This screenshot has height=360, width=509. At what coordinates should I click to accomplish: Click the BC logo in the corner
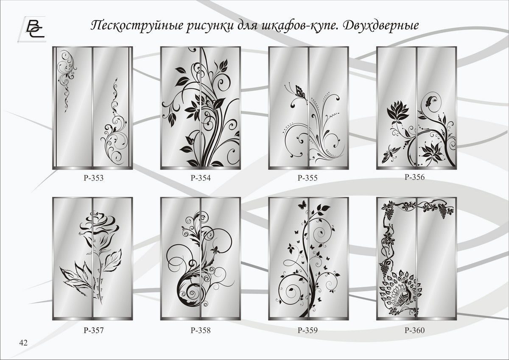(32, 29)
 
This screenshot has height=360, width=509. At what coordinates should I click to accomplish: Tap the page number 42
(23, 343)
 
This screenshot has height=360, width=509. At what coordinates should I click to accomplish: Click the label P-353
(94, 178)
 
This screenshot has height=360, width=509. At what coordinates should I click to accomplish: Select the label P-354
(201, 178)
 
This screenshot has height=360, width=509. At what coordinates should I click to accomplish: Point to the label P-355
(308, 178)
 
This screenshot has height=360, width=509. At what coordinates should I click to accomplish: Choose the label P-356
(414, 177)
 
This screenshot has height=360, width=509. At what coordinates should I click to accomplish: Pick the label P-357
(94, 330)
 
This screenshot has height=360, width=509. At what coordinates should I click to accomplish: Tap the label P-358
(201, 330)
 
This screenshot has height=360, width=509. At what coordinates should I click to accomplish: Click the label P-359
(308, 330)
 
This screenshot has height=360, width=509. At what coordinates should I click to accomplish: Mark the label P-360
(414, 330)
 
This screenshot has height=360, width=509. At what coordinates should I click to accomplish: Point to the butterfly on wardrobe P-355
(300, 92)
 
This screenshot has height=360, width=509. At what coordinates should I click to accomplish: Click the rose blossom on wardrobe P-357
(98, 227)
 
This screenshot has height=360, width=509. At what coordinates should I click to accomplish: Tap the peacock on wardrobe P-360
(400, 292)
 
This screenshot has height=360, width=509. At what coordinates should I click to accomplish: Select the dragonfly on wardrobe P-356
(390, 154)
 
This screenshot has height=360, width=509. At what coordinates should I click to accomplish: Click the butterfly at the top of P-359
(302, 205)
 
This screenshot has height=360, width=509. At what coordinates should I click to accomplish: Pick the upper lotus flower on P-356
(398, 112)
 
